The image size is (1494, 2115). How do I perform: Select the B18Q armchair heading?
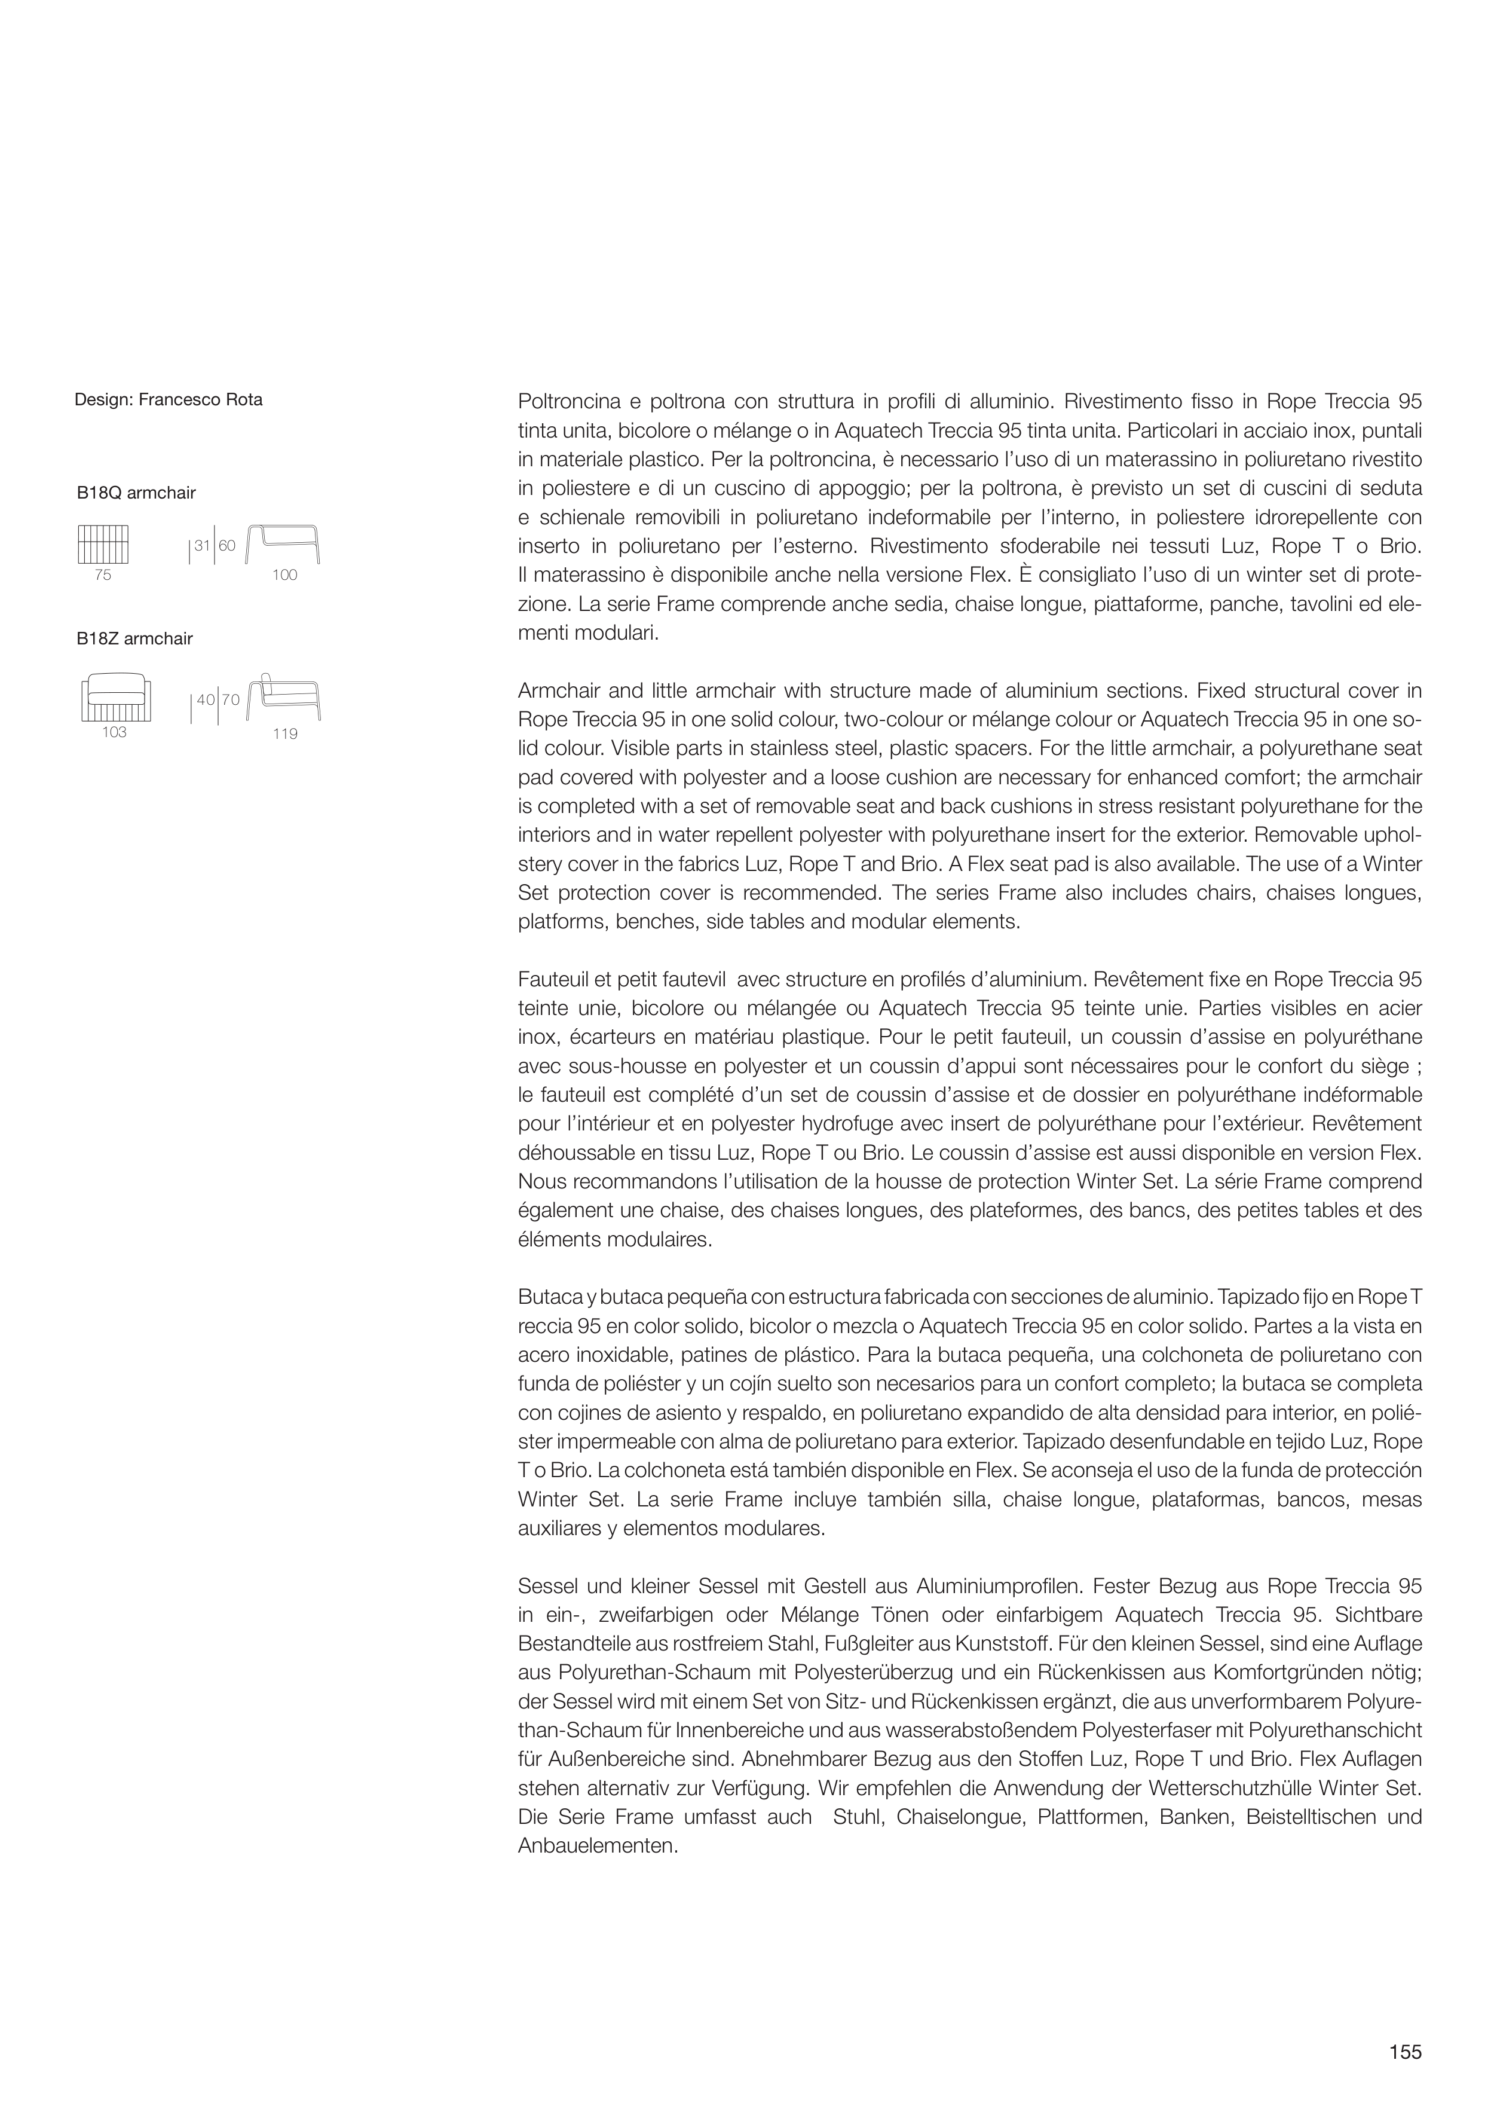136,493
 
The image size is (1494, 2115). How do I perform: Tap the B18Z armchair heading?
134,638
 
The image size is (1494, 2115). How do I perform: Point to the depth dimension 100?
284,575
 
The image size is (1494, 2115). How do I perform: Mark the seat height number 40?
206,700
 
